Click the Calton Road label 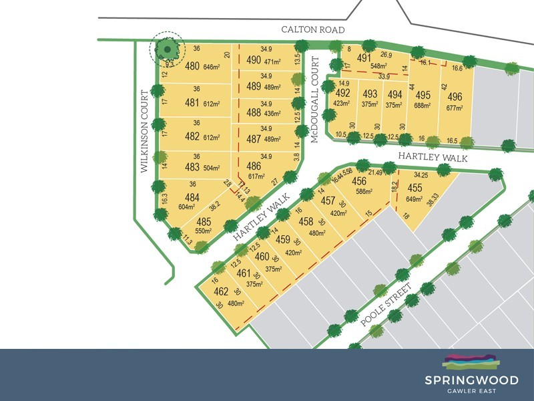[x=312, y=30]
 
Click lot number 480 [x=193, y=65]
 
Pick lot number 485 [x=204, y=222]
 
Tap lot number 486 [x=254, y=166]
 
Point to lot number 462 [x=220, y=291]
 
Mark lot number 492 [x=342, y=93]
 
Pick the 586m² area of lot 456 [x=364, y=192]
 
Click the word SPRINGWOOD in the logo [x=471, y=380]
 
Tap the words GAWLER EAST [x=471, y=391]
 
